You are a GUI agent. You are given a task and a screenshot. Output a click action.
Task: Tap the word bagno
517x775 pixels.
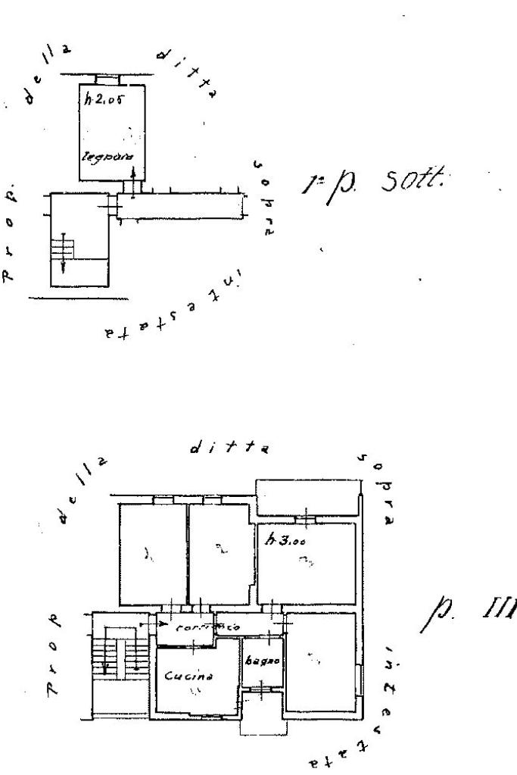coord(262,661)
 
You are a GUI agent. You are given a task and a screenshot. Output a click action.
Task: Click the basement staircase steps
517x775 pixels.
coord(64,247)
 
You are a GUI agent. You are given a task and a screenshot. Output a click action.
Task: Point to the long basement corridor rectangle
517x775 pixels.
coord(182,205)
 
